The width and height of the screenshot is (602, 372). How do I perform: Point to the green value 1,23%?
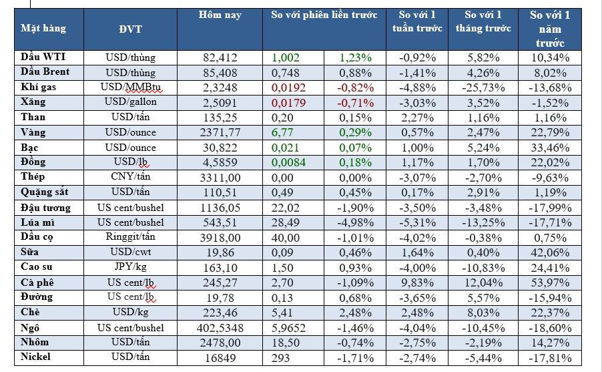pyautogui.click(x=355, y=58)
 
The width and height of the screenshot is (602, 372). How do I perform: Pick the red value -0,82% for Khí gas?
pyautogui.click(x=355, y=88)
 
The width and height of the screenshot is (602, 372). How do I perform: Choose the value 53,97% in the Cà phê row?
pyautogui.click(x=551, y=283)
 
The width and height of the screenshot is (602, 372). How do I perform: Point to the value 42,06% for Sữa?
pyautogui.click(x=551, y=252)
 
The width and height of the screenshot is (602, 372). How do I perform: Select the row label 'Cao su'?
pyautogui.click(x=37, y=268)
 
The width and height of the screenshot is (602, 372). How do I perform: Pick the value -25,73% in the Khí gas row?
pyautogui.click(x=483, y=88)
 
